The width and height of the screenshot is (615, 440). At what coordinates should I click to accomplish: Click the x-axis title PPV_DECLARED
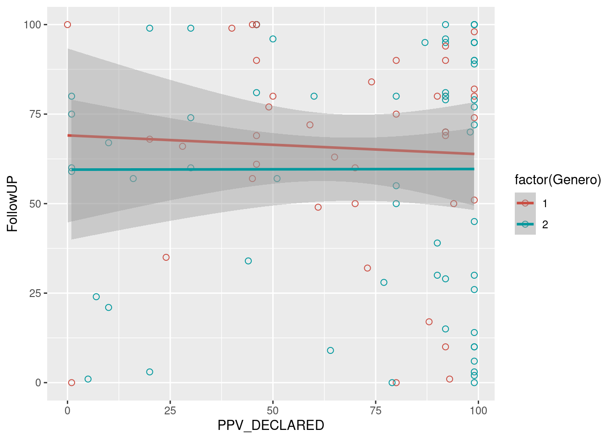pos(270,425)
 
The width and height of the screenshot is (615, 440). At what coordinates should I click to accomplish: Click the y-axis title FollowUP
pos(12,203)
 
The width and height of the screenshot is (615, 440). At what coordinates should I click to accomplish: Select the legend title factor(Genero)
pos(558,180)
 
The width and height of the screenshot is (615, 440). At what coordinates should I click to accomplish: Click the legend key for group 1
pos(525,203)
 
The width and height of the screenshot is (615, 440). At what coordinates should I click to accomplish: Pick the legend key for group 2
pos(525,224)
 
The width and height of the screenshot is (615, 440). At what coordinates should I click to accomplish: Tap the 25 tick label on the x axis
pos(170,411)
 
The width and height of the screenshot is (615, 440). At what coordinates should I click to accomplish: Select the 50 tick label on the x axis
pos(273,411)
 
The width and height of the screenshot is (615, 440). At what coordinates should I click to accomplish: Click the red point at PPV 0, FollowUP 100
pos(68,25)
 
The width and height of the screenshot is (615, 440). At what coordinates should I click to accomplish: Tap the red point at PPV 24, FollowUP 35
pos(166,258)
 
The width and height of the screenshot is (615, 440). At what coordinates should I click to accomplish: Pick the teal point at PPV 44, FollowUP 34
pos(248,261)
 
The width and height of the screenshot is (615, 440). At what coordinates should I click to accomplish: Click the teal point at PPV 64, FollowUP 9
pos(330,351)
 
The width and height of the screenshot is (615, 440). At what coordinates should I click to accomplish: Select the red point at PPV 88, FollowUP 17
pos(429,322)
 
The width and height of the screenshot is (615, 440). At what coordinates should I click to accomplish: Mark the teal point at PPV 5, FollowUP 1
pos(88,379)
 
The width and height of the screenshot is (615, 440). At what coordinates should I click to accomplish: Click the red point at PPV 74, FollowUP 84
pos(372,82)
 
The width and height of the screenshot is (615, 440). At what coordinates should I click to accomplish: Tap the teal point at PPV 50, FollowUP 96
pos(273,39)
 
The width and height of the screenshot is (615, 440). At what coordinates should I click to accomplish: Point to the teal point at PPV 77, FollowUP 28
pos(384,282)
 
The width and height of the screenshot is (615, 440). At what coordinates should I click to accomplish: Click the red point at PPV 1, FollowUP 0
pos(71,383)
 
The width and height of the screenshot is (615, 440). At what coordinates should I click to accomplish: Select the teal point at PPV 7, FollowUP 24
pos(96,297)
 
